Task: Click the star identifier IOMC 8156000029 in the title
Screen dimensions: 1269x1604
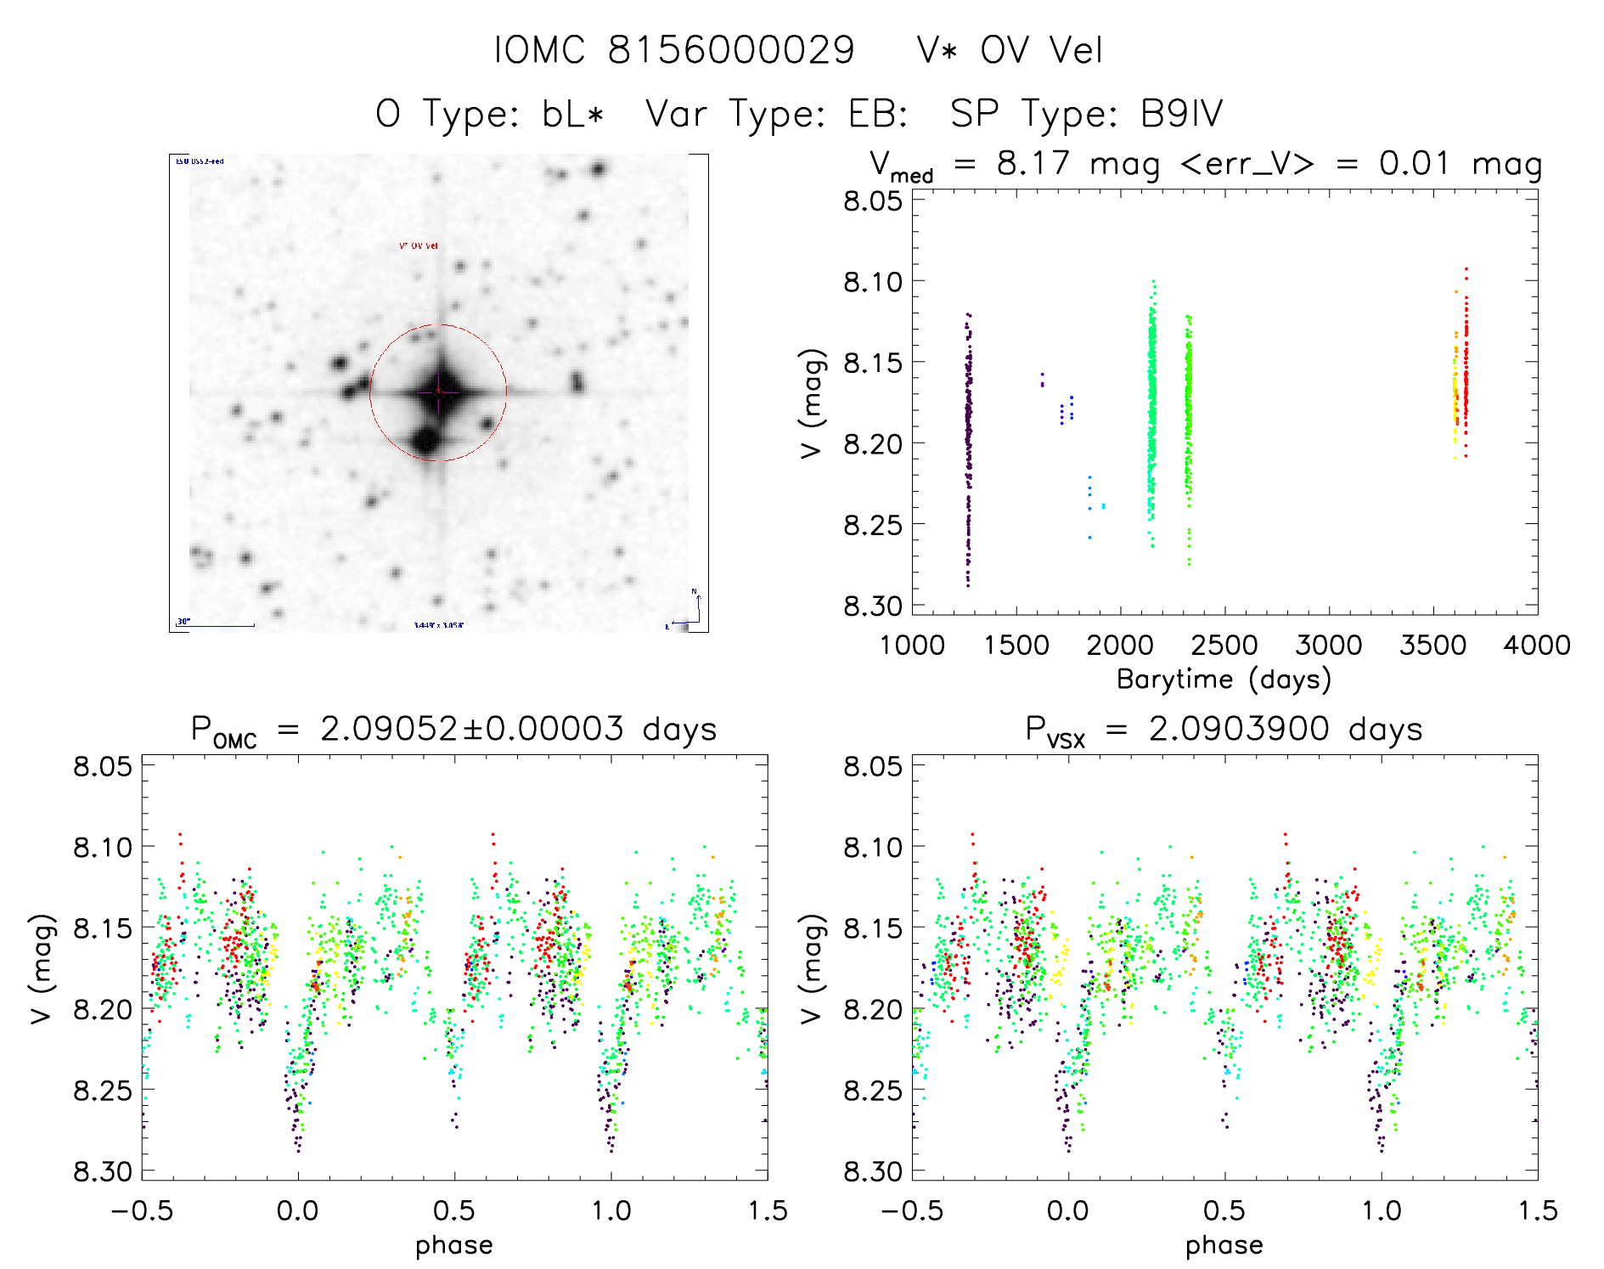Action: (674, 50)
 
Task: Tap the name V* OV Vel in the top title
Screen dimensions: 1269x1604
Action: (1010, 50)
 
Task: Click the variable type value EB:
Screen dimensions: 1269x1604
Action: (879, 114)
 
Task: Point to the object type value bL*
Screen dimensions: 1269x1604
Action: (573, 114)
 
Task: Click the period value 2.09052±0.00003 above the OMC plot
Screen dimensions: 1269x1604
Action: (471, 729)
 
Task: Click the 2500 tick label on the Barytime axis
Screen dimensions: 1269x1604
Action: (1224, 645)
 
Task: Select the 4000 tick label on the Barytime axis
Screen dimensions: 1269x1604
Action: (1537, 645)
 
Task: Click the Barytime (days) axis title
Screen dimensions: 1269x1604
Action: (1224, 679)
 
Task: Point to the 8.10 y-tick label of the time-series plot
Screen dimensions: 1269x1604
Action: (872, 281)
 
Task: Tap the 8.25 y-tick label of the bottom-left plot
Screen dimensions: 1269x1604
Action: (103, 1091)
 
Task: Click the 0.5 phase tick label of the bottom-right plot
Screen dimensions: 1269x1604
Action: (1224, 1210)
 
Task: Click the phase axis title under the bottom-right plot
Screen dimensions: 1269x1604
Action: (1224, 1244)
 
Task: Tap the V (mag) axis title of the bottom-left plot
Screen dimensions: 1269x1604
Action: (42, 968)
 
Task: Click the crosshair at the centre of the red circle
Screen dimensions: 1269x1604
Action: (438, 392)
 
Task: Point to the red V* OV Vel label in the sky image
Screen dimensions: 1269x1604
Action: (419, 246)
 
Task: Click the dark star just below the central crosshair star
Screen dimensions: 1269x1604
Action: (425, 440)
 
